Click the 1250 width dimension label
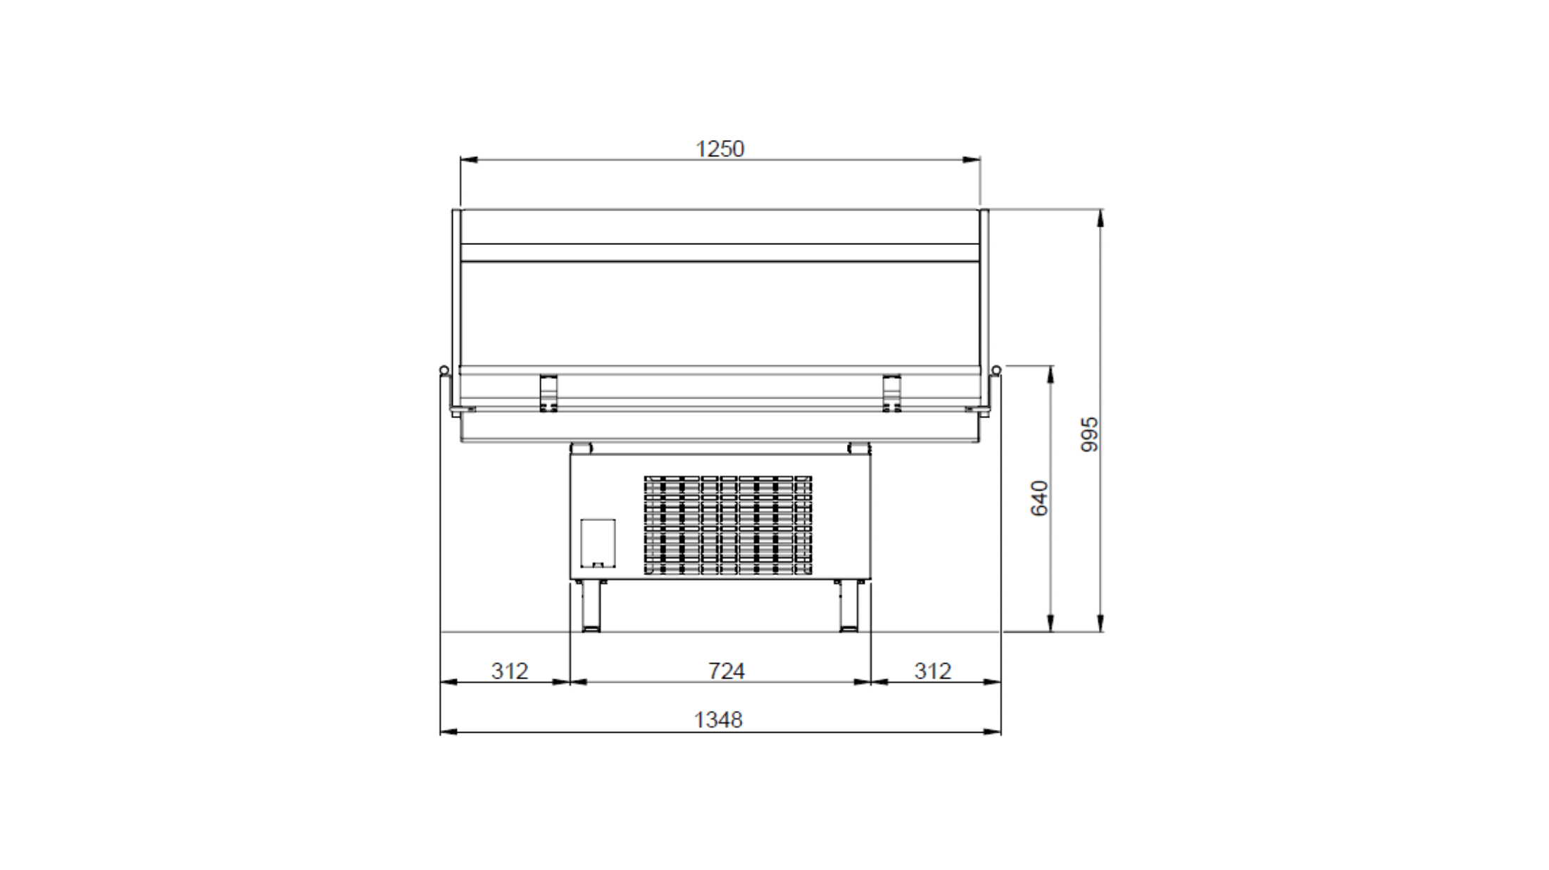point(720,149)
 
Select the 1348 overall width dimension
point(718,719)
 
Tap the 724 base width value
point(726,671)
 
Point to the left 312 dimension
point(509,671)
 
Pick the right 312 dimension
point(932,671)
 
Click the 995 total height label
point(1089,434)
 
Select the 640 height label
point(1039,498)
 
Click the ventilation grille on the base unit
point(728,524)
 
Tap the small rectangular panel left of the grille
point(598,543)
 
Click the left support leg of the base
point(591,605)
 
